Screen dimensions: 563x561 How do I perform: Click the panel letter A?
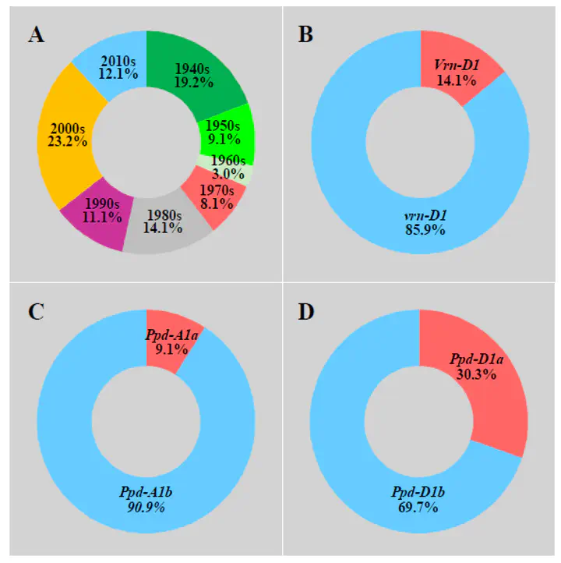(x=35, y=35)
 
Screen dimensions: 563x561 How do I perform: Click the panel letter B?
(x=306, y=34)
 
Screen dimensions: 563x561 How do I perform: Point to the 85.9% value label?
(x=419, y=231)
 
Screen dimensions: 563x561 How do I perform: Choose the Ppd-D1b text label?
(x=418, y=494)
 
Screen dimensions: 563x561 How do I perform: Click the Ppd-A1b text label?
(x=146, y=494)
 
